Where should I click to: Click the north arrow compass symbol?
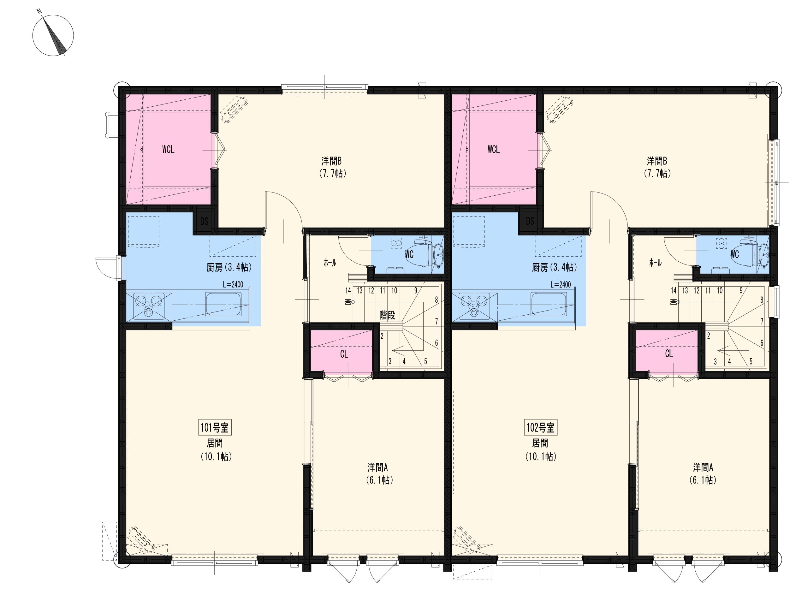click(x=53, y=35)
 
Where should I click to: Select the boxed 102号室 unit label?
click(x=540, y=427)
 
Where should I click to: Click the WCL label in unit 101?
click(x=169, y=149)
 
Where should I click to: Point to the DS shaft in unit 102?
click(x=530, y=221)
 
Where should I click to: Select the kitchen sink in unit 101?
click(x=223, y=304)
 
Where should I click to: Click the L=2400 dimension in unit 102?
click(x=560, y=285)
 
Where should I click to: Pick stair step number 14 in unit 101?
click(x=348, y=291)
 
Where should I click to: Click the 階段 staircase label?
click(x=387, y=315)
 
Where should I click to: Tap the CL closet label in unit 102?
click(x=669, y=353)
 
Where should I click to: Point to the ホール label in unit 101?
click(x=330, y=262)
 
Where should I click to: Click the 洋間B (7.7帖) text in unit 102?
click(x=657, y=167)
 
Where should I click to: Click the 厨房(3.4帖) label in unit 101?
click(x=229, y=268)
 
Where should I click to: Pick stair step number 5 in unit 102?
click(x=751, y=362)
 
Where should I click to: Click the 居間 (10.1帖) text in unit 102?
click(x=540, y=450)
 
